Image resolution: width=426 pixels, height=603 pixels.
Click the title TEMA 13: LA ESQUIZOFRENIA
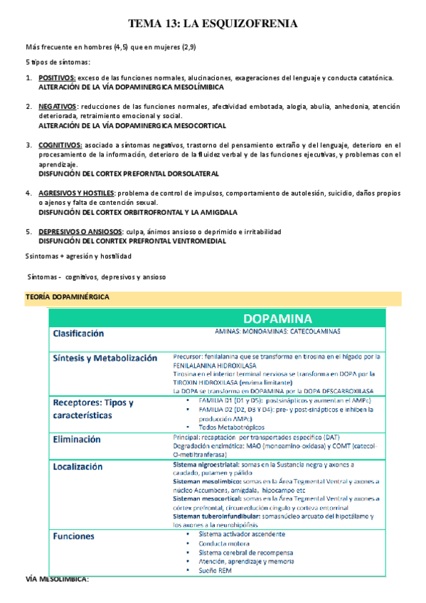point(212,24)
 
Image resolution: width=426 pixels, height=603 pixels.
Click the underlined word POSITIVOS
point(56,78)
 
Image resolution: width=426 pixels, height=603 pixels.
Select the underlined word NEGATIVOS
point(57,107)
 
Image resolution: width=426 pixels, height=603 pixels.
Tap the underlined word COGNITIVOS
point(60,145)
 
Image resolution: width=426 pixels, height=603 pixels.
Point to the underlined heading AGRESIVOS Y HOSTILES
point(76,193)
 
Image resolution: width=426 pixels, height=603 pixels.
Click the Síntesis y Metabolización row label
point(105,358)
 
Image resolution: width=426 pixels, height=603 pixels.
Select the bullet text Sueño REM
point(218,570)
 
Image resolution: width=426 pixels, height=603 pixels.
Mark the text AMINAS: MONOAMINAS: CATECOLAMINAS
point(277,331)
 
